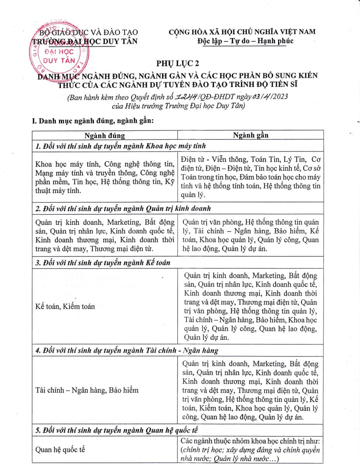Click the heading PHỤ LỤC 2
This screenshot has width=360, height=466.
coord(180,63)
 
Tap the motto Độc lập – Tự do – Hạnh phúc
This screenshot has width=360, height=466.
coord(245,41)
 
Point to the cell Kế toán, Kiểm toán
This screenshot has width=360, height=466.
coord(65,306)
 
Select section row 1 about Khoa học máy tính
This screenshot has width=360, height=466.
coord(120,146)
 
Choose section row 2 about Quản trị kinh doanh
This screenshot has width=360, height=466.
coord(123,208)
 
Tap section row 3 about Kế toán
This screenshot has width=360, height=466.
coord(103,263)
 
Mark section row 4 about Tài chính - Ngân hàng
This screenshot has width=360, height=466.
coord(127,350)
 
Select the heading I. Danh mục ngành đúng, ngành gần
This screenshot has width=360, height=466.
coord(93,121)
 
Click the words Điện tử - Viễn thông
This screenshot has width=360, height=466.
coord(209,159)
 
